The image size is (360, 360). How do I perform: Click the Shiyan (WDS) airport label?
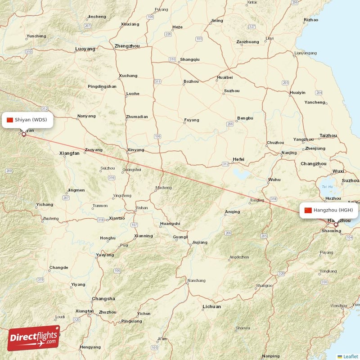point(29,120)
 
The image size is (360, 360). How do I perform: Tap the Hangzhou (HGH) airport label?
point(330,210)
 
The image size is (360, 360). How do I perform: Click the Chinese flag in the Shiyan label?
point(10,120)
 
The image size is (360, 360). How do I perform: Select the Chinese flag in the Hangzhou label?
point(308,210)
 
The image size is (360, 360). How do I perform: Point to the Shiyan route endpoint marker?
point(24,134)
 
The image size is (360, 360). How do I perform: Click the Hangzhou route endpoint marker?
point(335,224)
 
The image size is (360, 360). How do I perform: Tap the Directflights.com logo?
point(33,338)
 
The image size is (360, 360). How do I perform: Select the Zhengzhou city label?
point(127,46)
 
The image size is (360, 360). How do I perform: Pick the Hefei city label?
point(238,159)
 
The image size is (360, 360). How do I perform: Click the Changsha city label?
point(103,299)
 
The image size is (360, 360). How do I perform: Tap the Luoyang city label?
point(85,49)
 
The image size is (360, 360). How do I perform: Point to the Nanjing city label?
point(289,153)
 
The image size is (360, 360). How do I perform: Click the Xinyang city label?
point(136,150)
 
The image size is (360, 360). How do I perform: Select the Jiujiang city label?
point(200,242)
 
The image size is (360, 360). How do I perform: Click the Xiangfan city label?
point(69,153)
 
